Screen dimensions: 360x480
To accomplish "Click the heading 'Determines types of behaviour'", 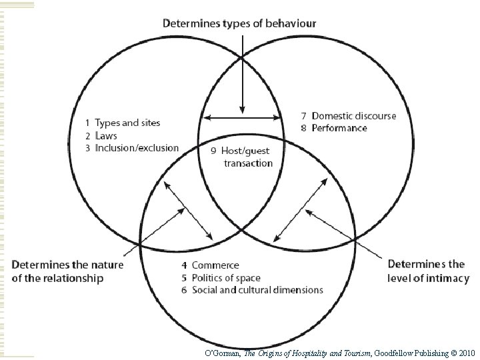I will [240, 23].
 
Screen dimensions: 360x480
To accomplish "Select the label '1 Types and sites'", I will [123, 123].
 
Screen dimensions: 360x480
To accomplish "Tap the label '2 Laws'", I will [101, 135].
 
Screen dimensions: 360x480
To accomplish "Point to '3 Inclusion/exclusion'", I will [131, 147].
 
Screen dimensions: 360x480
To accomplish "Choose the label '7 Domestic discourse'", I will [347, 115].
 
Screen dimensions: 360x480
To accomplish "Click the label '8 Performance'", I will [333, 127].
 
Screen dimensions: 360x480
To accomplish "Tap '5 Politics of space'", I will [221, 277].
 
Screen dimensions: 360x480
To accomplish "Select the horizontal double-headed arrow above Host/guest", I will [243, 118].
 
